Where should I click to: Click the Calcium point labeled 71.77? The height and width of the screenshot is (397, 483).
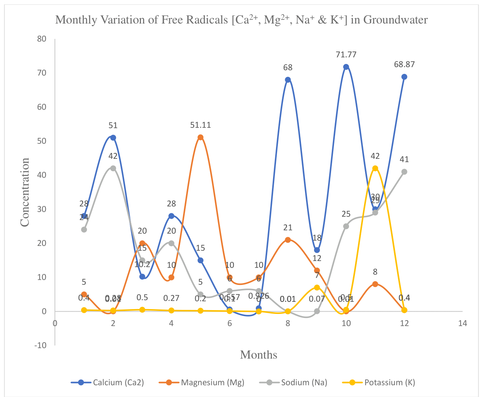pos(346,67)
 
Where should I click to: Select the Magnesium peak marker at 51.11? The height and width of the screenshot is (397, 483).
pos(200,137)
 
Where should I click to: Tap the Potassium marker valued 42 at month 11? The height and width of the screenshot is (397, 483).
pos(375,168)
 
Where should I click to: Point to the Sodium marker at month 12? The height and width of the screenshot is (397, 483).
pos(404,172)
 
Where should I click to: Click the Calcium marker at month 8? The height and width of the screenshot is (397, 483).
pos(288,80)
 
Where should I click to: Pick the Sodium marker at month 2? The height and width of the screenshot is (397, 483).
pos(113,168)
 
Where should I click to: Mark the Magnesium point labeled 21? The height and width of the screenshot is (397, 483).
pos(288,240)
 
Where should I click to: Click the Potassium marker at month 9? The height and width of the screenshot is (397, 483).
pos(317,287)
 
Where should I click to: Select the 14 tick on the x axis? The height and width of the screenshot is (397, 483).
pos(462,323)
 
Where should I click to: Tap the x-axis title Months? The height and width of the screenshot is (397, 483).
pos(258,355)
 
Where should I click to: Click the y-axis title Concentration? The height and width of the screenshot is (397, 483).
pos(25,192)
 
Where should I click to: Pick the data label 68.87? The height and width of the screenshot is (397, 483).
pos(404,64)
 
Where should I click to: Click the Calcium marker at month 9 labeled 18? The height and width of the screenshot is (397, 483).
pos(317,250)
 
